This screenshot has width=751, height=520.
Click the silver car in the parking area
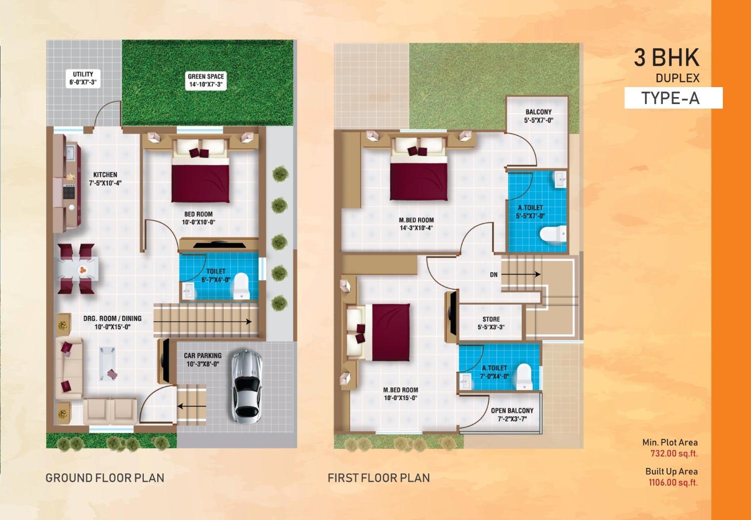pos(246,385)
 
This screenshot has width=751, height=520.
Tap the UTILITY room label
pos(83,78)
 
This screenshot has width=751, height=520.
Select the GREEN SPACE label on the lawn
pos(206,81)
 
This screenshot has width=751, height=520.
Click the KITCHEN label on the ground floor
pos(105,179)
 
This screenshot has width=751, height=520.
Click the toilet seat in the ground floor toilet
pos(241,285)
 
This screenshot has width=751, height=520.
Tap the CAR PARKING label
pos(202,359)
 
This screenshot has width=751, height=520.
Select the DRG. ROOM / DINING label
pos(112,322)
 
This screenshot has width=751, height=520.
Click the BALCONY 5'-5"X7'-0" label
pos(538,116)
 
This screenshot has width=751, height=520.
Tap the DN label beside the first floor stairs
pos(494,275)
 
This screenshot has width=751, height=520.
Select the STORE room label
pos(491,323)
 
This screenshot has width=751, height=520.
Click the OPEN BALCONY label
pos(512,414)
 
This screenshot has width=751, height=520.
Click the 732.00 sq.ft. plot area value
pos(673,454)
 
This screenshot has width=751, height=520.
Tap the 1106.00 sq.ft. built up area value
pos(673,483)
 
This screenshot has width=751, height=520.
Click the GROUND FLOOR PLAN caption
pos(105,478)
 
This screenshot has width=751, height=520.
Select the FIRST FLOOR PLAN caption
pos(379,478)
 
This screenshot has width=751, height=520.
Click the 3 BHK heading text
pos(666,58)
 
